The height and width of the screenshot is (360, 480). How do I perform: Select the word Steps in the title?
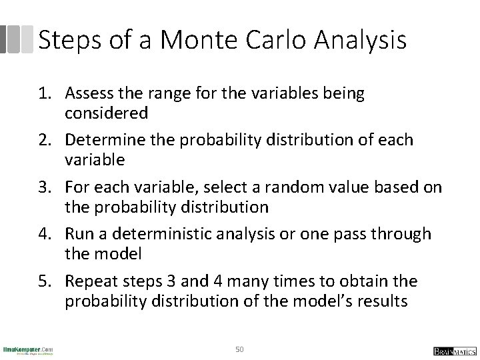(x=67, y=41)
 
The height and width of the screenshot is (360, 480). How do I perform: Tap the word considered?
(x=106, y=113)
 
